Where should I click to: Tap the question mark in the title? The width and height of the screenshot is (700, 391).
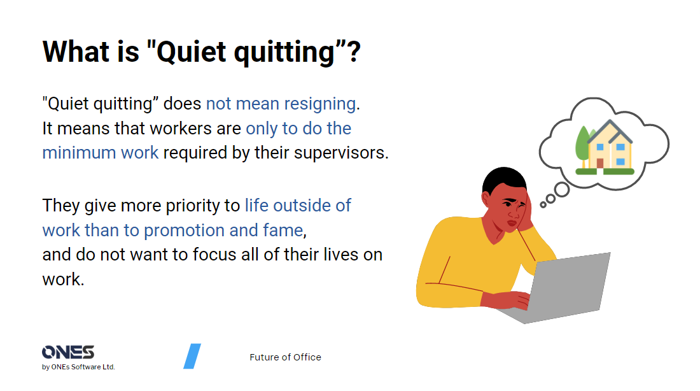point(353,51)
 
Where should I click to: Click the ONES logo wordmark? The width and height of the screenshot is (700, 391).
point(68,352)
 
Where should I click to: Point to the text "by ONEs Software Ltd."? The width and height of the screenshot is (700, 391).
point(78,367)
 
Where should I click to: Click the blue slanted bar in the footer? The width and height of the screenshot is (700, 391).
point(192,356)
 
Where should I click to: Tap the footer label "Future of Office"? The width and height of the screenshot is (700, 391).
point(285,357)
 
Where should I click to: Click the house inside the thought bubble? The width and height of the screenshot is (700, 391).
point(609,147)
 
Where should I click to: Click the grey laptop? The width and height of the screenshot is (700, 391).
point(566,287)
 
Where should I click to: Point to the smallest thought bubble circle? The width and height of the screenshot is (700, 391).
point(543,204)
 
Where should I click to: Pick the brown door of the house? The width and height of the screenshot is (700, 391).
point(600,163)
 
